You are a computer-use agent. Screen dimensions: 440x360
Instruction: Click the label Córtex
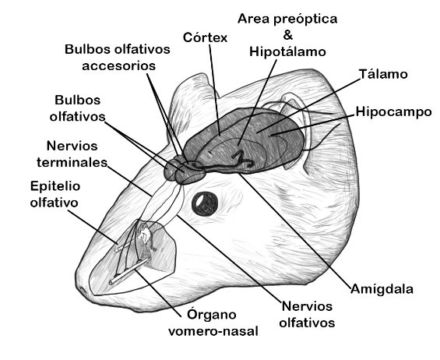coord(205,37)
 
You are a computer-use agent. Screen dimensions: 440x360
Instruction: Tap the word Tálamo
coord(383,74)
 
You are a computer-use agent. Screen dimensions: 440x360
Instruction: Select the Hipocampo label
coord(394,112)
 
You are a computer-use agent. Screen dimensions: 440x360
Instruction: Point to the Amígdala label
coord(382,288)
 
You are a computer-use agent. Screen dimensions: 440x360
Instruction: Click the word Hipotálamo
coord(287,51)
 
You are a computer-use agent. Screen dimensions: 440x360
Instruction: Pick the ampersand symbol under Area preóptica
coord(288,35)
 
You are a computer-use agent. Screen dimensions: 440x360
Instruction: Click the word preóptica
coord(305,19)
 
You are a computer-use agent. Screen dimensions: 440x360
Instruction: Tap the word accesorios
coord(118,65)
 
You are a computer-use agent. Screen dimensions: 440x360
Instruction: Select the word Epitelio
coord(55,186)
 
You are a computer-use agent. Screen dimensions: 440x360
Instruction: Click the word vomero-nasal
coord(213,331)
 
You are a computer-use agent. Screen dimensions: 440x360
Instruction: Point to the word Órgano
coord(212,315)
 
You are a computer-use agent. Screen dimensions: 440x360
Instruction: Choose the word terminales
coord(72,163)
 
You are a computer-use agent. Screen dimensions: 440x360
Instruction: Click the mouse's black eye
coord(205,204)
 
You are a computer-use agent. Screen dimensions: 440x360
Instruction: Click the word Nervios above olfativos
coord(307,306)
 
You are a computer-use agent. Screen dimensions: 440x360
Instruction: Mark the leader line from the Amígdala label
coord(295,231)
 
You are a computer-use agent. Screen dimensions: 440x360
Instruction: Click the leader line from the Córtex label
coord(215,90)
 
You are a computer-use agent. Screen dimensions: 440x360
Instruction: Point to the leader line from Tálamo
coord(308,105)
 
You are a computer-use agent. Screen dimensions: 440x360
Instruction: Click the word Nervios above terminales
coord(72,146)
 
